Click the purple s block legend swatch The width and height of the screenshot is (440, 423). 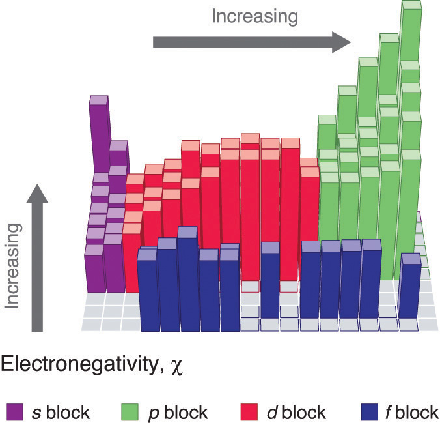click(14, 411)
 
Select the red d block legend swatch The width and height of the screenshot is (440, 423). click(249, 411)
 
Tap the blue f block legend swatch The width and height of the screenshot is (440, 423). click(369, 411)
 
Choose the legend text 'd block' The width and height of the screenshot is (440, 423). click(296, 412)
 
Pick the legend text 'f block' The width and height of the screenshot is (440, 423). click(413, 412)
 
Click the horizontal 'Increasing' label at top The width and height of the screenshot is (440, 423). click(255, 16)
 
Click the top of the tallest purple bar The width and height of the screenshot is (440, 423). click(98, 100)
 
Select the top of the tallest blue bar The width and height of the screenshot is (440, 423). click(187, 232)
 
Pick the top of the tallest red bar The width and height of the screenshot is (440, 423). click(250, 138)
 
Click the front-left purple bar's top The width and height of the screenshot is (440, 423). click(94, 249)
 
